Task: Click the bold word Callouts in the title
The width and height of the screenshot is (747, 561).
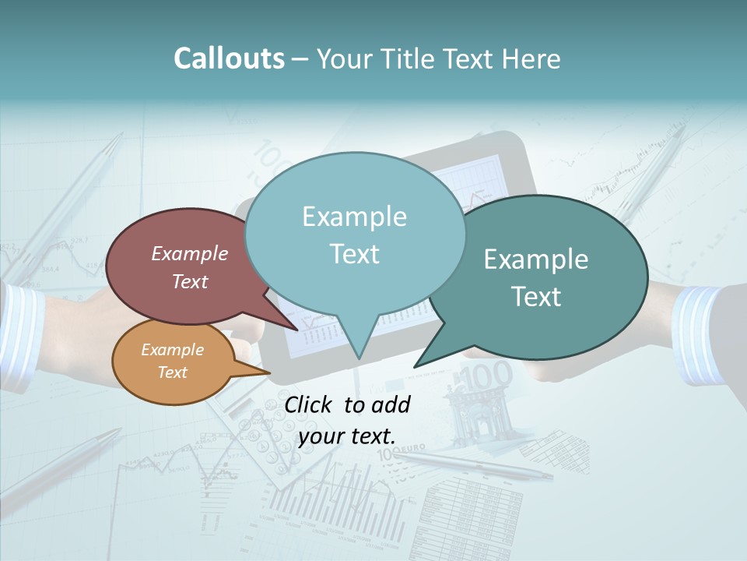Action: (x=229, y=58)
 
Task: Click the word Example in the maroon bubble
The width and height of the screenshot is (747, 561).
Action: (x=190, y=254)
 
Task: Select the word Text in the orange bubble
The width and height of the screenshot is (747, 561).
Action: (x=173, y=372)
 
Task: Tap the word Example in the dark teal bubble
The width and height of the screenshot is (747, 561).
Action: (x=536, y=259)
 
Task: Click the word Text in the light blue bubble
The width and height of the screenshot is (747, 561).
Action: (x=355, y=254)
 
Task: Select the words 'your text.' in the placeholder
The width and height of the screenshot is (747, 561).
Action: (x=346, y=436)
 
